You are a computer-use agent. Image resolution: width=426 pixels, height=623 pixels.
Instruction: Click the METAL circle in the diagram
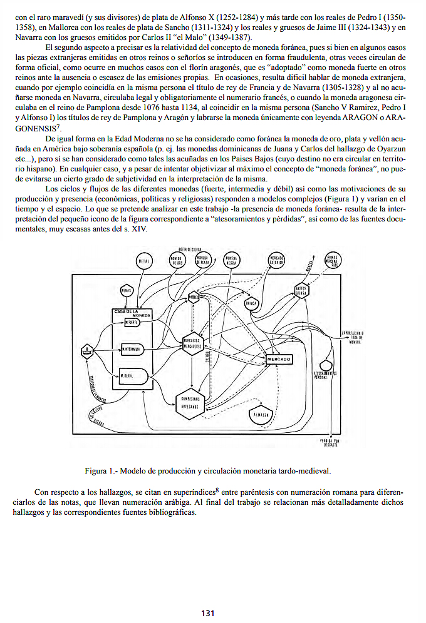[x=143, y=262]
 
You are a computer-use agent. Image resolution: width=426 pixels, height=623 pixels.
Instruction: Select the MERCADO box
[x=279, y=359]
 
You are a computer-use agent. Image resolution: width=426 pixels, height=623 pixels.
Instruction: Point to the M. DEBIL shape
[x=132, y=377]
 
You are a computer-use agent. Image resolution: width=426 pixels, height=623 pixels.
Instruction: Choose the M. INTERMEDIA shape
[x=132, y=348]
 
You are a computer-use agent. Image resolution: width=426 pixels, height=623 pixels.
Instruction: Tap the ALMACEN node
[x=261, y=415]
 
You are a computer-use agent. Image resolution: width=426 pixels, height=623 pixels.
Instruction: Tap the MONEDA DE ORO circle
[x=177, y=261]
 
